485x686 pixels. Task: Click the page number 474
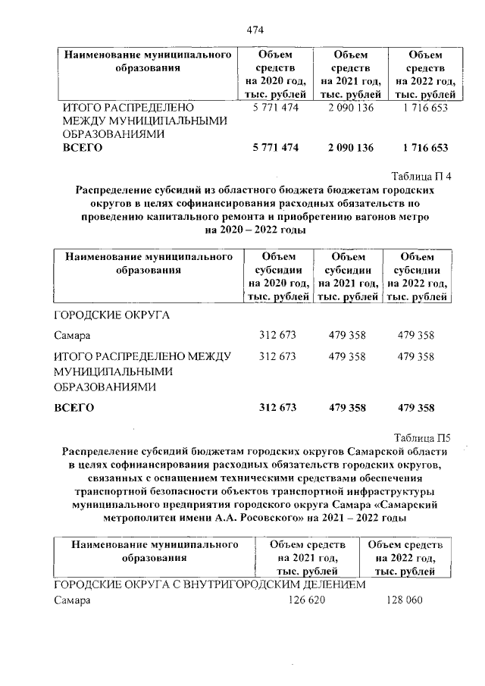(255, 30)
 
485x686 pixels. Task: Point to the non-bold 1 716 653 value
(426, 108)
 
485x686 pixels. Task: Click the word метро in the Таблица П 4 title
(415, 217)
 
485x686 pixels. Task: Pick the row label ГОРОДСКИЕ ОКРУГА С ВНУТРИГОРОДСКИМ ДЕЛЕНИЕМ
(210, 584)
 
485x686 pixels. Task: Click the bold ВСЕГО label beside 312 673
(74, 408)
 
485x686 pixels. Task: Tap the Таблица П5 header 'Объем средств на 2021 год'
(307, 558)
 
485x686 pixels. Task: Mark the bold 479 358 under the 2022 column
(415, 408)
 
